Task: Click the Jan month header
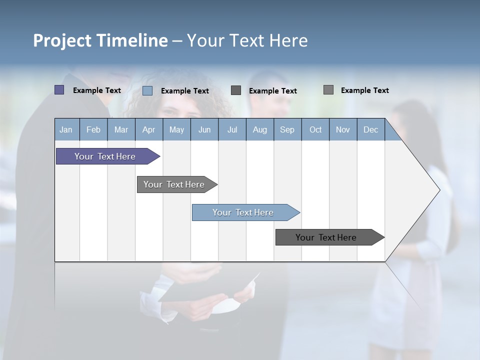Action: (x=66, y=129)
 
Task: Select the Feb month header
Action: (x=93, y=129)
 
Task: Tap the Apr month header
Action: (x=148, y=129)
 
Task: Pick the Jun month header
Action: (x=204, y=129)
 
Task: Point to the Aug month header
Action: (x=259, y=129)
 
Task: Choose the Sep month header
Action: (x=287, y=129)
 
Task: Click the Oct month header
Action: (x=315, y=129)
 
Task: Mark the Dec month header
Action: (x=370, y=129)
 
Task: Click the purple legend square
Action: (x=59, y=90)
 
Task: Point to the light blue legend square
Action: (x=147, y=90)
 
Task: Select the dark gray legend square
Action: (x=236, y=90)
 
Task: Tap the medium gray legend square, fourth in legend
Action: (x=328, y=90)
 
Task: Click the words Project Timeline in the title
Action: (x=100, y=40)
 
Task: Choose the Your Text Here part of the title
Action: (x=247, y=40)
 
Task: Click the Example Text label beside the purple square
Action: (x=97, y=90)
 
